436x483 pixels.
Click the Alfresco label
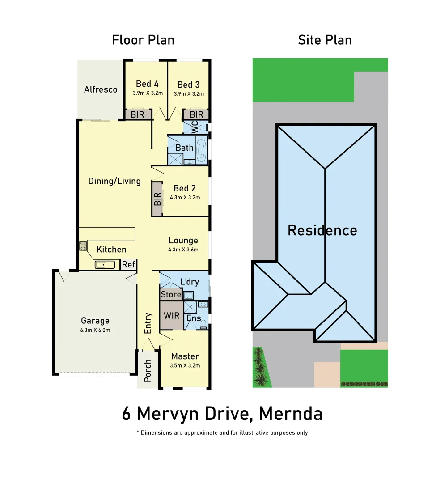(x=101, y=89)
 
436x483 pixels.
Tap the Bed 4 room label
(x=147, y=84)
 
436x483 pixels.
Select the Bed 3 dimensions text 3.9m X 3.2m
(x=189, y=94)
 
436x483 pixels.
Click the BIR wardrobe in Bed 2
(x=157, y=199)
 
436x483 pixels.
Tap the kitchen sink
(x=105, y=265)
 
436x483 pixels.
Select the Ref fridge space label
(x=128, y=265)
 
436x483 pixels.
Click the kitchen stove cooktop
(x=83, y=245)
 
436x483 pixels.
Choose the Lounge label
(x=183, y=241)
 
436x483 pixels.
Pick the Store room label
(x=170, y=294)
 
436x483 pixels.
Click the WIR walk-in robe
(x=171, y=315)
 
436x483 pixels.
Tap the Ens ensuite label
(x=193, y=318)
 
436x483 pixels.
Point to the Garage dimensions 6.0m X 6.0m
(x=95, y=330)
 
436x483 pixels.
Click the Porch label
(x=148, y=371)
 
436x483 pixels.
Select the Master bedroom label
(x=185, y=356)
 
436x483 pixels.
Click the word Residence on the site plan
(x=322, y=230)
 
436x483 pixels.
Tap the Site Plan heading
(x=325, y=40)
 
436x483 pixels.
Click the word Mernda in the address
(x=291, y=414)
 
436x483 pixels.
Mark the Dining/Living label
(x=114, y=181)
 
